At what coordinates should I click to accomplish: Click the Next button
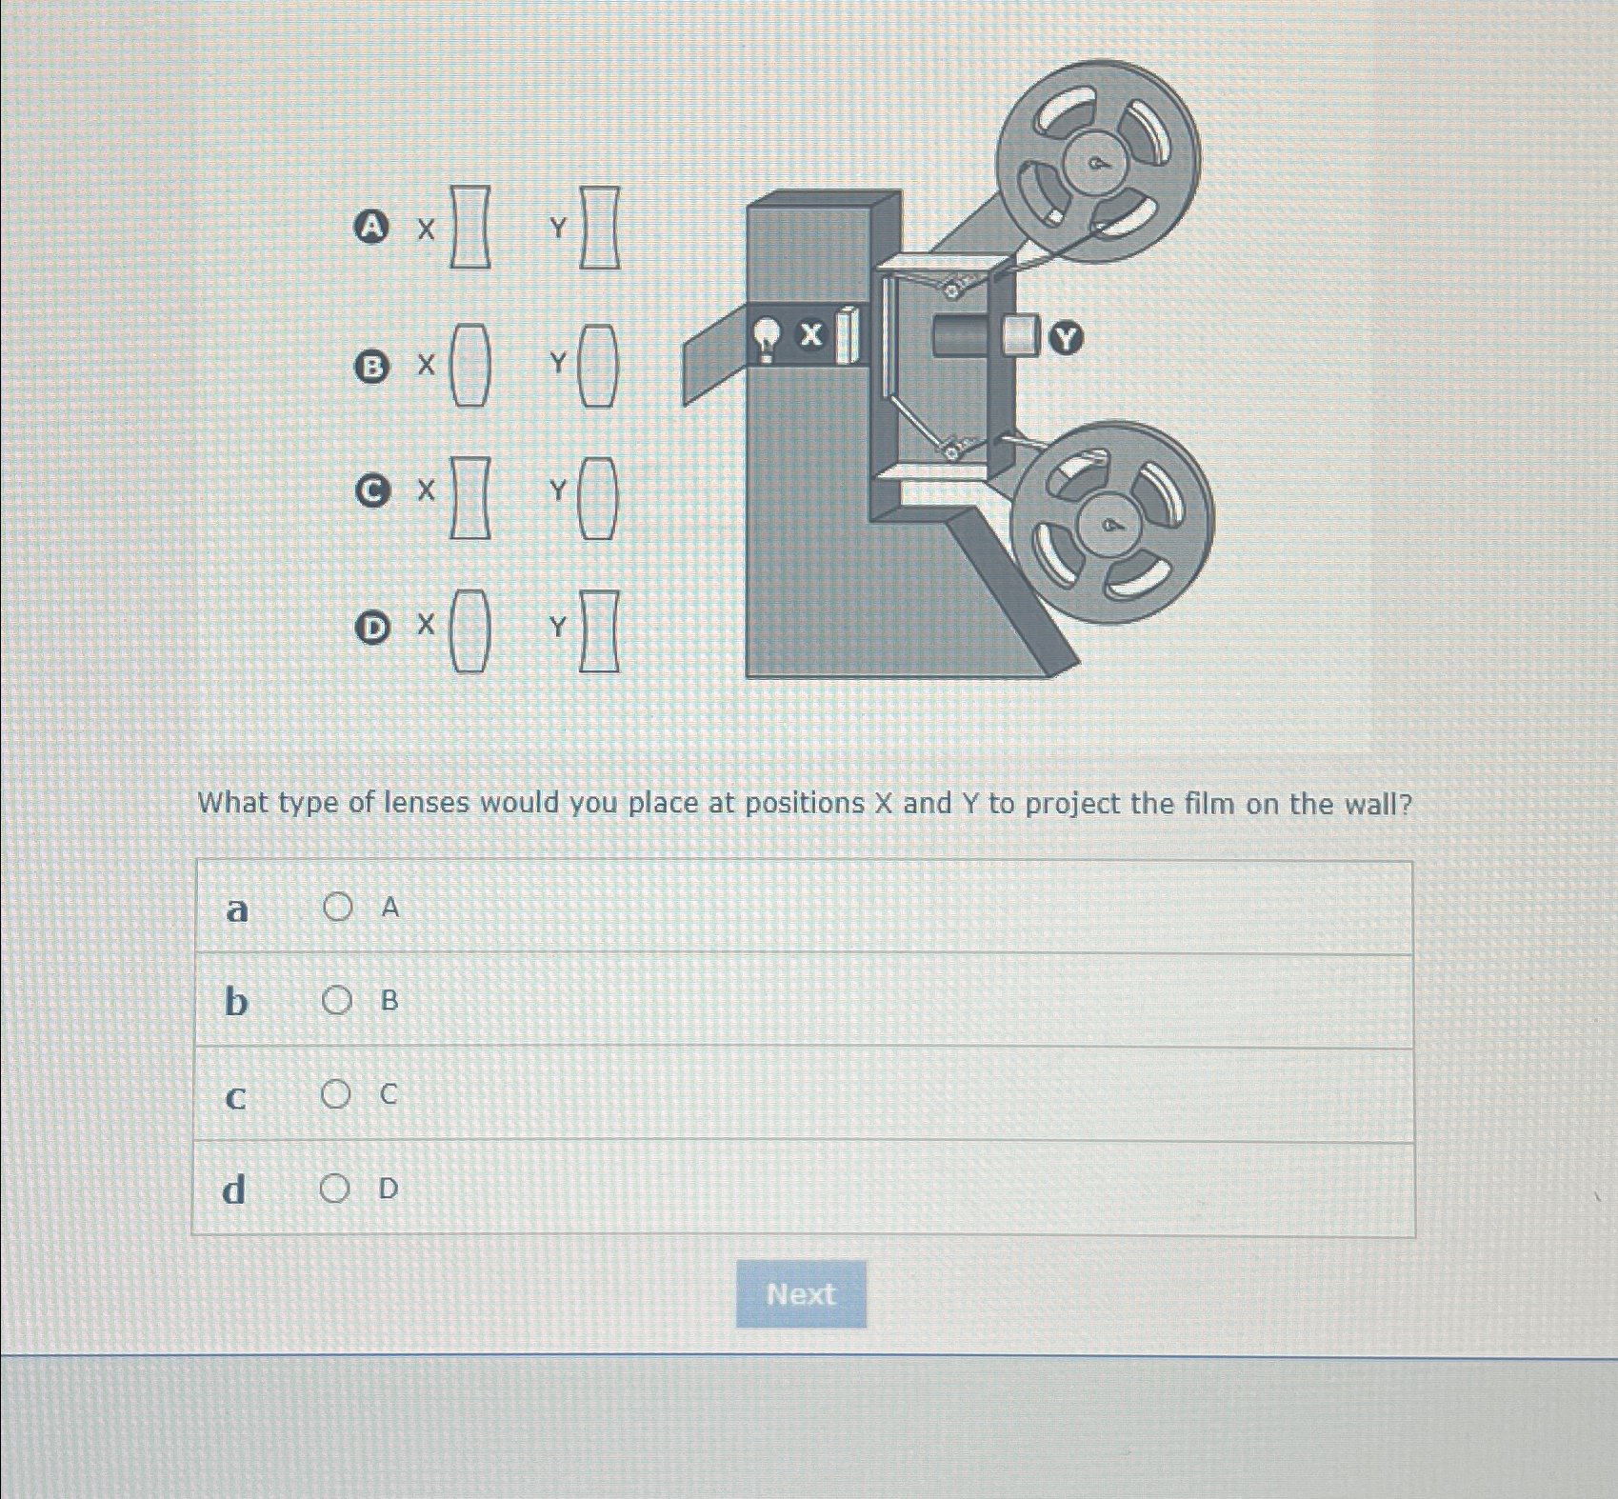pyautogui.click(x=801, y=1293)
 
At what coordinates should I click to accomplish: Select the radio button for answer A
pyautogui.click(x=337, y=907)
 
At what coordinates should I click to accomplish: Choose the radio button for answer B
pyautogui.click(x=336, y=1000)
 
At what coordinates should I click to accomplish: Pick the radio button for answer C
pyautogui.click(x=335, y=1094)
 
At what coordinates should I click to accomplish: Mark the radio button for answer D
pyautogui.click(x=334, y=1189)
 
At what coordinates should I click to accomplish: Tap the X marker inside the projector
pyautogui.click(x=810, y=334)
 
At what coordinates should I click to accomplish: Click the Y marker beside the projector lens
pyautogui.click(x=1067, y=338)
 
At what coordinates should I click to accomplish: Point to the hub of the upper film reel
pyautogui.click(x=1097, y=164)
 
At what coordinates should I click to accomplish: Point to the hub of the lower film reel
pyautogui.click(x=1111, y=525)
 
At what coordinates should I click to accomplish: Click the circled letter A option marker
pyautogui.click(x=371, y=227)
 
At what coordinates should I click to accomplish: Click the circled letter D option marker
pyautogui.click(x=372, y=628)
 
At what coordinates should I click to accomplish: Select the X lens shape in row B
pyautogui.click(x=470, y=365)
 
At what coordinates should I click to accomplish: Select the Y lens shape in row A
pyautogui.click(x=600, y=228)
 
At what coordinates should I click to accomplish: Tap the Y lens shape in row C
pyautogui.click(x=598, y=498)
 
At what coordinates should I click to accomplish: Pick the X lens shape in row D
pyautogui.click(x=470, y=631)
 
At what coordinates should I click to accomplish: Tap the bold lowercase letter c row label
pyautogui.click(x=235, y=1097)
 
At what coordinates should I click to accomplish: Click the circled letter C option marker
pyautogui.click(x=372, y=490)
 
